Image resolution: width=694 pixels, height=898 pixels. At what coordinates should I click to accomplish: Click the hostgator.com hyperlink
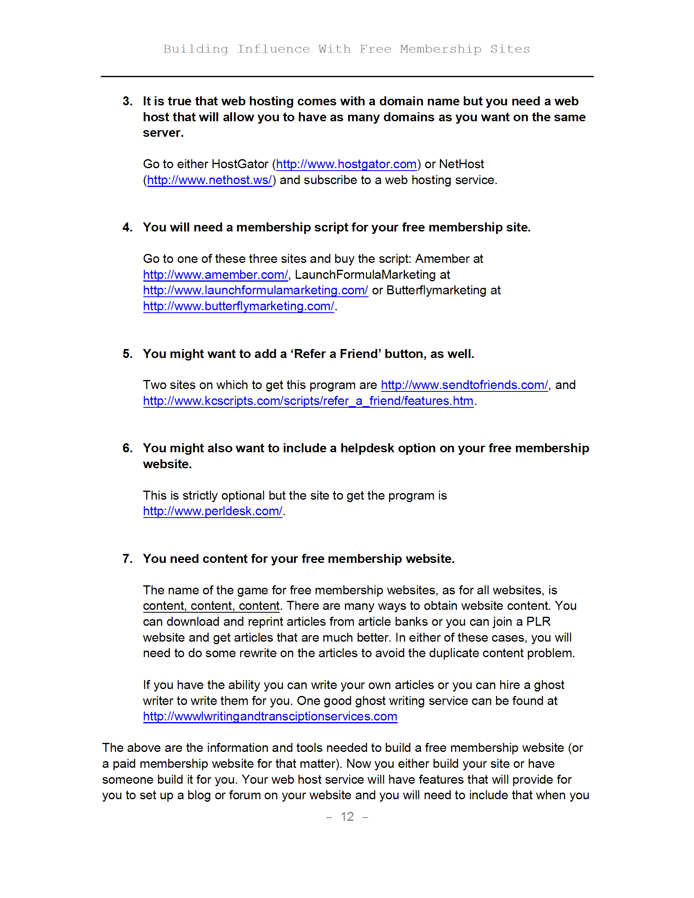346,164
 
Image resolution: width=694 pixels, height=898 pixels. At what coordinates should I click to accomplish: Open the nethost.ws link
209,180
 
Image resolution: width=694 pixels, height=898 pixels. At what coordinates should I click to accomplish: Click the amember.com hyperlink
216,275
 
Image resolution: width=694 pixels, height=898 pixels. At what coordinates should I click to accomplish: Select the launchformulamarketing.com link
255,290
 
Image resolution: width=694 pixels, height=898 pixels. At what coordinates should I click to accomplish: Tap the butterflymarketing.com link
238,306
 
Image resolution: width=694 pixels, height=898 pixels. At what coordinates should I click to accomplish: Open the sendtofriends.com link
464,385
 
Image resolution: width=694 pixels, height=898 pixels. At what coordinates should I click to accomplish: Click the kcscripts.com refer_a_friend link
308,401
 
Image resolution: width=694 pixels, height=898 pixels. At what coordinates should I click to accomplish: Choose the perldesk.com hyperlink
213,511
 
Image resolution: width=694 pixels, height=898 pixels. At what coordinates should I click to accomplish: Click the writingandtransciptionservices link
270,716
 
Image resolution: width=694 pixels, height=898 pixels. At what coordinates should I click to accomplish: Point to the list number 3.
127,101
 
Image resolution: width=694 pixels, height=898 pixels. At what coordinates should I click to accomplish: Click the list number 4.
127,227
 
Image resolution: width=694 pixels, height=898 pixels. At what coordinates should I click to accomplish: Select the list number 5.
127,354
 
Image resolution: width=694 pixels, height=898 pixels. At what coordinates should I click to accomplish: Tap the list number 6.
127,448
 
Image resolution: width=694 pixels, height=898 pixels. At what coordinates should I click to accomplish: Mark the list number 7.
127,559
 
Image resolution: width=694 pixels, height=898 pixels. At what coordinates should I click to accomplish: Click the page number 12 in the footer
347,816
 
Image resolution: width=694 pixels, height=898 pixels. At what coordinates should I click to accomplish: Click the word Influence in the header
274,49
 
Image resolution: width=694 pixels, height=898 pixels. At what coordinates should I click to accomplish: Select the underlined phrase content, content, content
211,606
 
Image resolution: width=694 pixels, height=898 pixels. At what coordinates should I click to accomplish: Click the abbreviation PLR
538,622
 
